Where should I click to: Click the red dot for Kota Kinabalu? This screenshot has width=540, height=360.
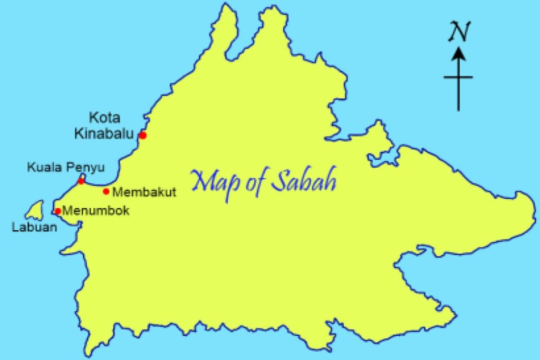point(142,135)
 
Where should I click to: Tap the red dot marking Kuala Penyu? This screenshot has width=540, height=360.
point(81,181)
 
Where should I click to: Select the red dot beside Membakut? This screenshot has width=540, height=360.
point(106,191)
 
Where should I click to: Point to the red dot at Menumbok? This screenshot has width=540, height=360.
point(58,211)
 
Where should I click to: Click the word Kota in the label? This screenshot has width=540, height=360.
point(104,118)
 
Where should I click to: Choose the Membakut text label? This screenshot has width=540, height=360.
point(144,192)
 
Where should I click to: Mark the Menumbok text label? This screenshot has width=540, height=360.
point(95,211)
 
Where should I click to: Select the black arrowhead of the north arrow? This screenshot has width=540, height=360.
point(458,53)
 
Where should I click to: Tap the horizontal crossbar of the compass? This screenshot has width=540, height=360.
point(458,77)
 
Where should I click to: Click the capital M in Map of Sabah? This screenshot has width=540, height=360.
point(202,180)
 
